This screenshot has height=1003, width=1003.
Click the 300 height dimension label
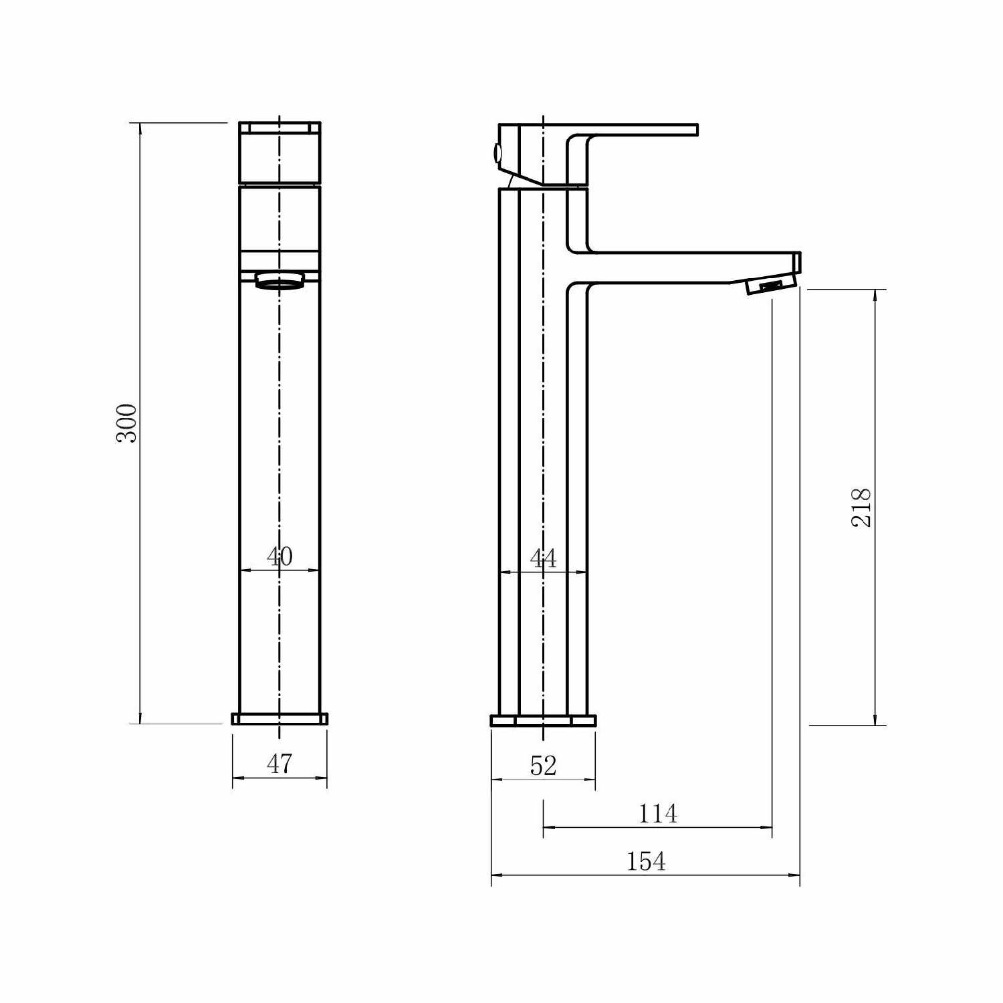click(x=126, y=423)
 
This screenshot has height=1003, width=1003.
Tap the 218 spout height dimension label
click(x=861, y=508)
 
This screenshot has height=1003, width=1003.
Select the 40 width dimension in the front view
click(x=280, y=556)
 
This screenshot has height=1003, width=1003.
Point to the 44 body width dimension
click(x=543, y=558)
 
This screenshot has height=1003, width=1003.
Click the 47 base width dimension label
click(x=280, y=764)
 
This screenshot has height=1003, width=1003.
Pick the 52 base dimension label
click(x=543, y=766)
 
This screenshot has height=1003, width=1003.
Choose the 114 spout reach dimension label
click(x=658, y=814)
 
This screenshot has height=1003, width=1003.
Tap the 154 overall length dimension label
click(x=646, y=861)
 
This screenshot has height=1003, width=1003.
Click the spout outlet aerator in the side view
click(x=770, y=286)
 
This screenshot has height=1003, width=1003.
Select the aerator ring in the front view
click(x=280, y=280)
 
